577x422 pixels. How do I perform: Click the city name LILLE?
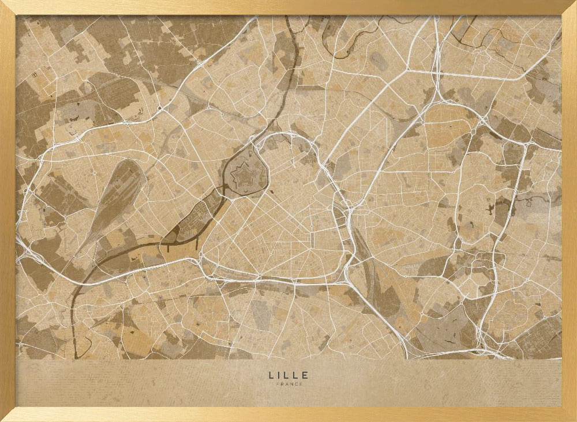coord(288,375)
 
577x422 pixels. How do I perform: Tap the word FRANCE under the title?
coord(288,384)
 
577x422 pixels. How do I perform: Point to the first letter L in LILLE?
coord(271,375)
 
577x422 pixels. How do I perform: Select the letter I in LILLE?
coord(280,375)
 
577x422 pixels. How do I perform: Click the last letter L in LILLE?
coord(297,375)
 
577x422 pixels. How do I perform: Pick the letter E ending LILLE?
coord(306,375)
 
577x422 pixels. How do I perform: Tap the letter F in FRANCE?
coord(278,384)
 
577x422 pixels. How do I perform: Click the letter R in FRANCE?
coord(282,384)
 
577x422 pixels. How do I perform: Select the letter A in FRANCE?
coord(287,384)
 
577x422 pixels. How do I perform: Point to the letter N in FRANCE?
coord(291,384)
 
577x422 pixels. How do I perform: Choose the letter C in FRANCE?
coord(296,384)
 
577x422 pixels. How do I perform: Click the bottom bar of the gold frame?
coord(288,414)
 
